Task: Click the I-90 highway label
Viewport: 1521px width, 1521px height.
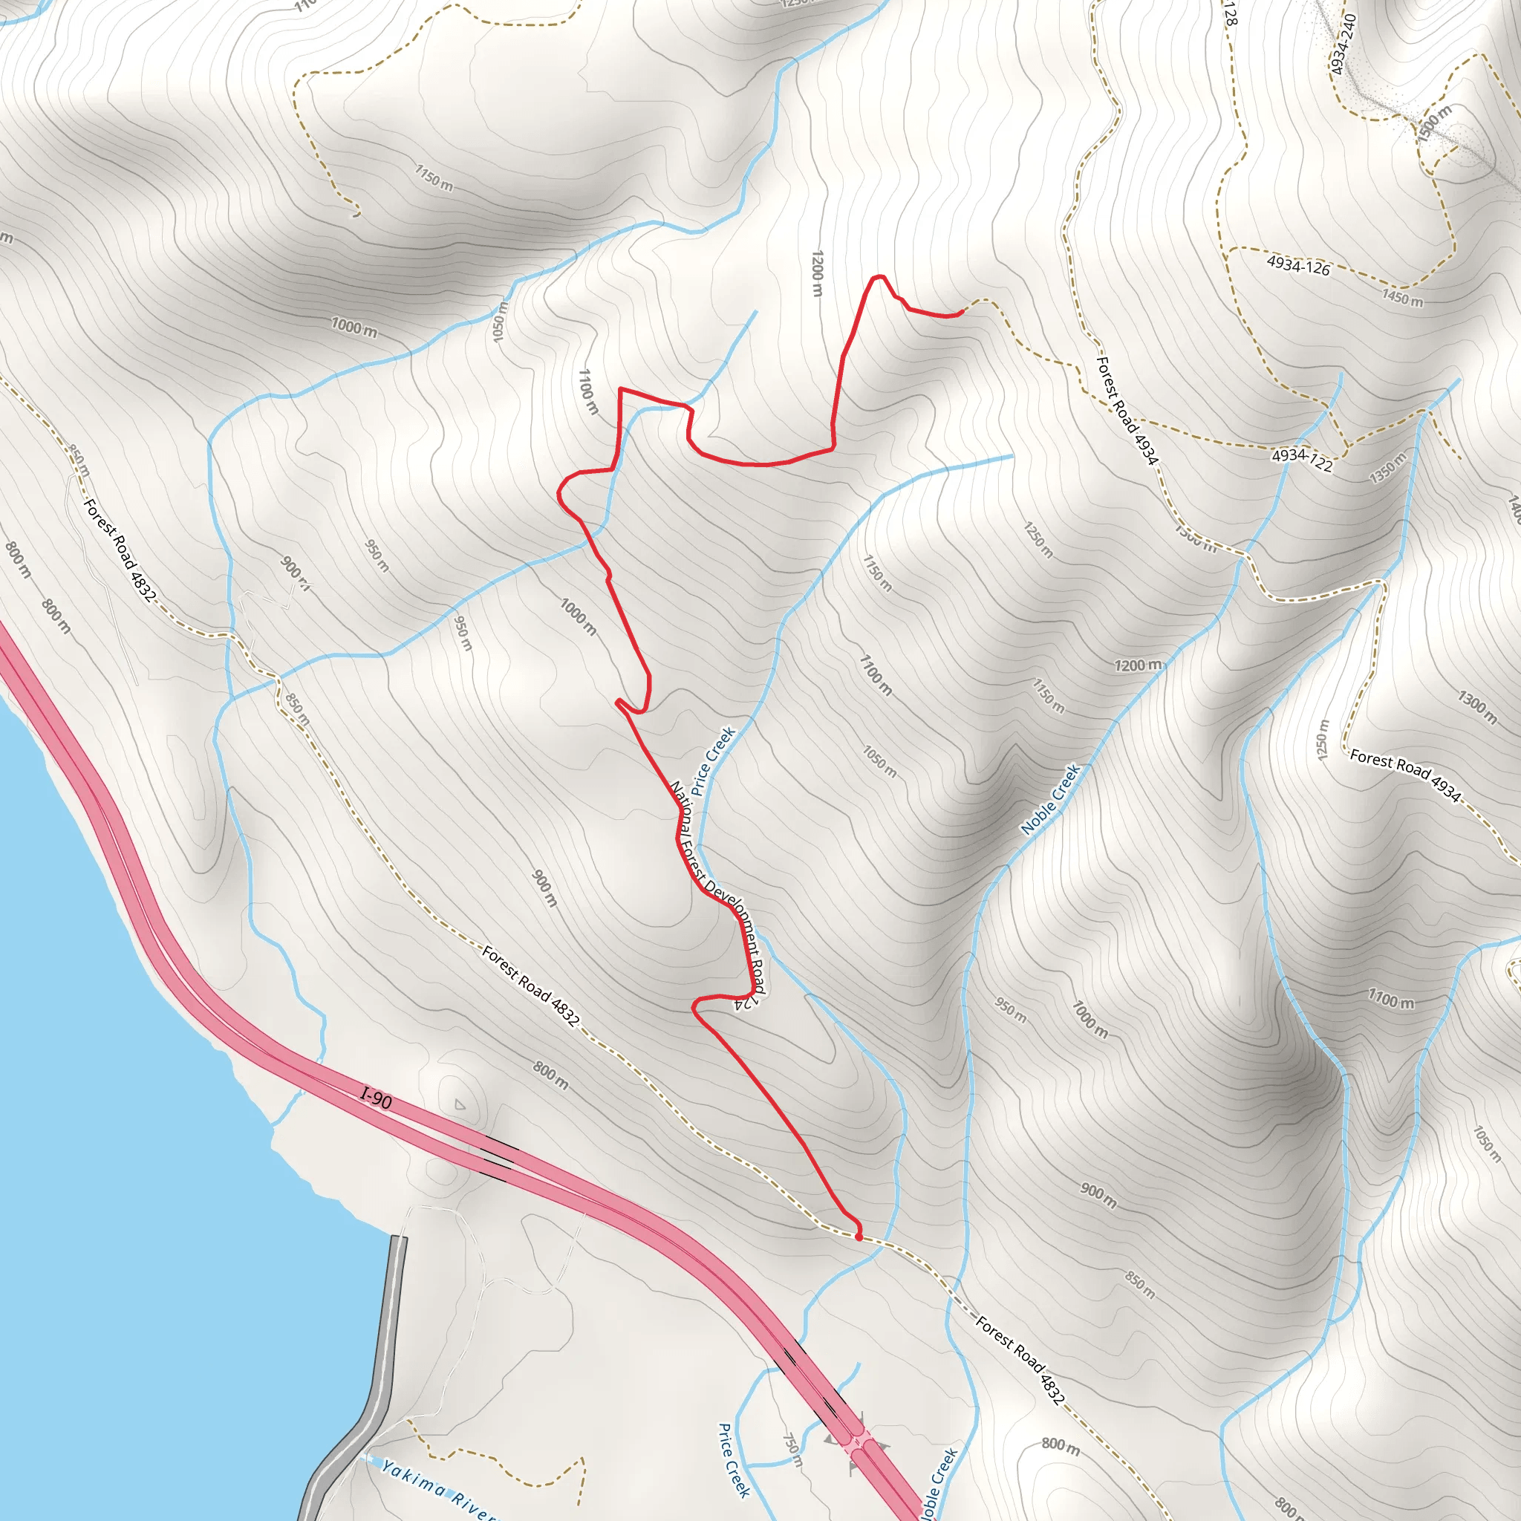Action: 377,1098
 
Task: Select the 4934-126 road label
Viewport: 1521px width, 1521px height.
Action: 1298,265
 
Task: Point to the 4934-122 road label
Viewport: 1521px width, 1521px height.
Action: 1302,460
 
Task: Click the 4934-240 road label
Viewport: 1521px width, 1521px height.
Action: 1343,45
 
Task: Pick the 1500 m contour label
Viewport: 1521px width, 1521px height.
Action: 1433,124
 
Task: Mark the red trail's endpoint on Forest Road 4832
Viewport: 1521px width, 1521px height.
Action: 858,1237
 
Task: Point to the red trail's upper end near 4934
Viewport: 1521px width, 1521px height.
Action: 961,313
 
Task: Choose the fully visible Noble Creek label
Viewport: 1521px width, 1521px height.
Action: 1050,798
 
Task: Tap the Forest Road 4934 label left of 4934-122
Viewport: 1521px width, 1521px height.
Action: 1127,410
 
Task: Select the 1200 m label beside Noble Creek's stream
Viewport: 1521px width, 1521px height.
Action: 1138,665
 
